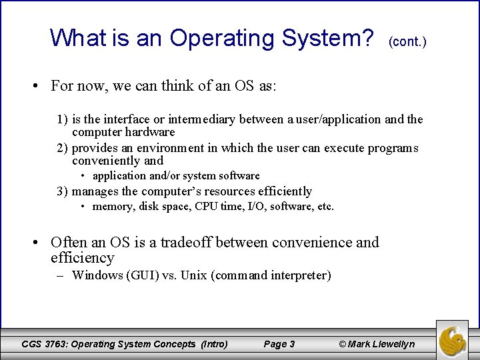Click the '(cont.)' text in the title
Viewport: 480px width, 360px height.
coord(407,41)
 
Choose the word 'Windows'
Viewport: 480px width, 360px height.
coord(97,275)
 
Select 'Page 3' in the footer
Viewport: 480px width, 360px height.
coord(279,344)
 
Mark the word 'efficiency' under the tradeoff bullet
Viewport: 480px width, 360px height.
coord(82,258)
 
